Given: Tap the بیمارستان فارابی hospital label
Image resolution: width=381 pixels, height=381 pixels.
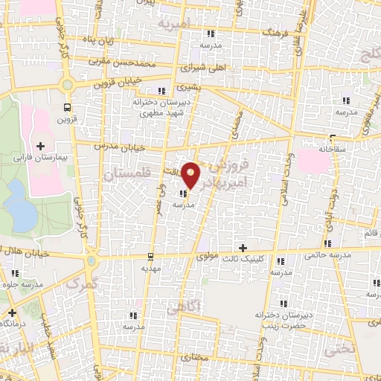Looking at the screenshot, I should click(x=59, y=157).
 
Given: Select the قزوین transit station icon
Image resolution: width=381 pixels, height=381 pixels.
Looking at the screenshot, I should click(x=68, y=106).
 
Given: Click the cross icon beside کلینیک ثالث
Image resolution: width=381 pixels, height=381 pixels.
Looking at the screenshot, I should click(x=243, y=247).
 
